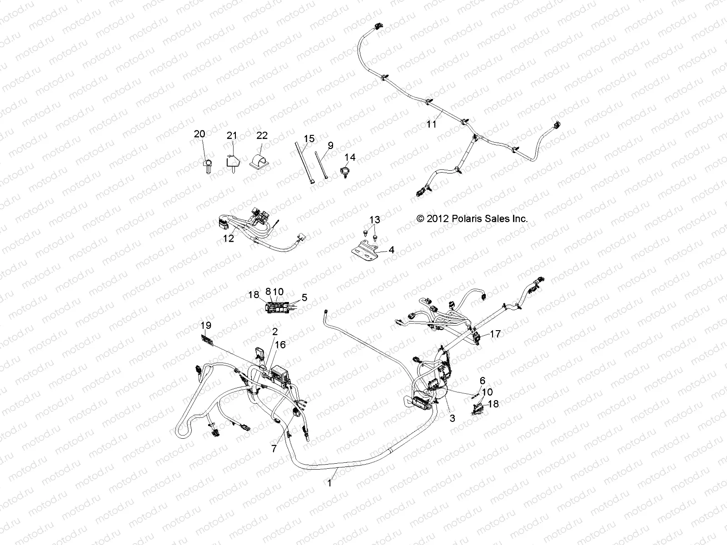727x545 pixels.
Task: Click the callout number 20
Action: click(199, 134)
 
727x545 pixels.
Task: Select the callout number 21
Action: click(232, 135)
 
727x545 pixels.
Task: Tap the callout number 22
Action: click(262, 135)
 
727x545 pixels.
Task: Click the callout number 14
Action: click(350, 157)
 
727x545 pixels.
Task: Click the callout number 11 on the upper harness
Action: click(431, 124)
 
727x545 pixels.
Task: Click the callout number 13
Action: click(374, 220)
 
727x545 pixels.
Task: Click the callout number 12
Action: click(229, 238)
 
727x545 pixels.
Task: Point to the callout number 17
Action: click(495, 334)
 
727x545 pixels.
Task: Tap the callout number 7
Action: click(274, 449)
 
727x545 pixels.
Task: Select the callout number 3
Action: click(452, 419)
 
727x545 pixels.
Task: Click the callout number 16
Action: click(280, 345)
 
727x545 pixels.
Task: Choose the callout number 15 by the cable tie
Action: click(309, 139)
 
